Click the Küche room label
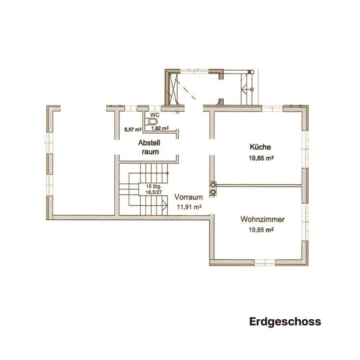pos(260,147)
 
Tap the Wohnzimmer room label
pos(262,219)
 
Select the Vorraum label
pos(188,197)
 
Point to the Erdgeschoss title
pos(285,322)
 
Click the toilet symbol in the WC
pos(151,121)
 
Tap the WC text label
pos(155,114)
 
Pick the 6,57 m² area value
pos(133,129)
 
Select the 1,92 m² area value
pos(160,128)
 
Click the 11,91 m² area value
pos(189,207)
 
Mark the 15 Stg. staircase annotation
pos(154,187)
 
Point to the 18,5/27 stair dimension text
pos(154,192)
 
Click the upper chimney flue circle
pos(213,184)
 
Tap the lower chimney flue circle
pos(213,192)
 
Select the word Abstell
pos(149,143)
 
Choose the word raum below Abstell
pos(150,152)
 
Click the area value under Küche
pos(261,158)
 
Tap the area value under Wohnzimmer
pos(261,230)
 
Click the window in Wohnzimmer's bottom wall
pos(265,262)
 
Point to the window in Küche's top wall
pos(272,108)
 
